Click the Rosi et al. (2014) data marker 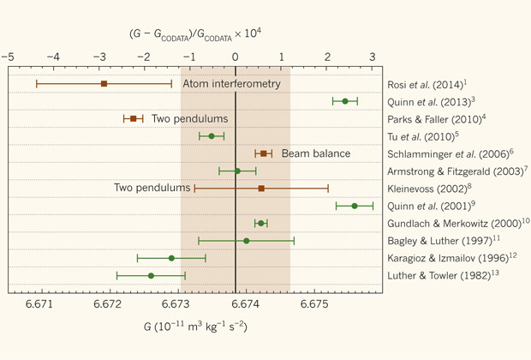[104, 84]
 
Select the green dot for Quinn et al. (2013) [345, 101]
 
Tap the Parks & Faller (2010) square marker [133, 118]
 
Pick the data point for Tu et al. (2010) [212, 136]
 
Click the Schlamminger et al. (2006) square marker [263, 153]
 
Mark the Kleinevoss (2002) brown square [261, 188]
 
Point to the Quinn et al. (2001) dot [355, 206]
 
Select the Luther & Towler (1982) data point [151, 275]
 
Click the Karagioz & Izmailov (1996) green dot [171, 258]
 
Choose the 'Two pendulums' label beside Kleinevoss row [152, 187]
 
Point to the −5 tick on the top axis [8, 57]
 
